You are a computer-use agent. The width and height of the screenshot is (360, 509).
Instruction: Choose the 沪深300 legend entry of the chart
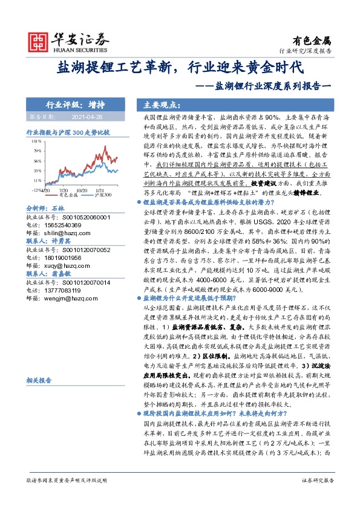[x=103, y=196]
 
